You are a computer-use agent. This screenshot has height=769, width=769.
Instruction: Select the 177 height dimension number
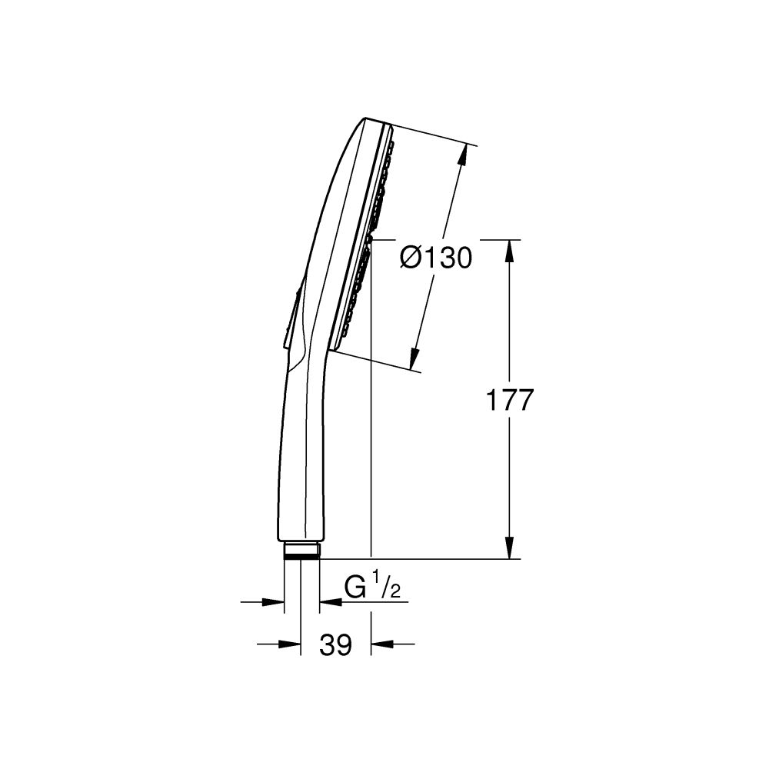510,401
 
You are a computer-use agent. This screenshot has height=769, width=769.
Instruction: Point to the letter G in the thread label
355,588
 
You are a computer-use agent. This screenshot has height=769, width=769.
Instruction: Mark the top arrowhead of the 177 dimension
510,250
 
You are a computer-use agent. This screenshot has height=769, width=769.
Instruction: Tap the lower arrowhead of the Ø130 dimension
414,358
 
